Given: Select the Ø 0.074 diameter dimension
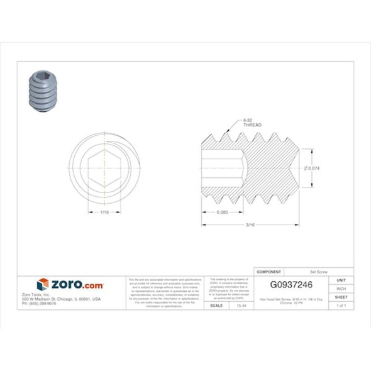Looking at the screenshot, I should tap(314, 168).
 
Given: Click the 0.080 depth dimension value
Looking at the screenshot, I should tap(221, 212).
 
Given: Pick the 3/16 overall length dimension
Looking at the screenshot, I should tap(250, 224).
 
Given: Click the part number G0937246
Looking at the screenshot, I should tap(291, 284).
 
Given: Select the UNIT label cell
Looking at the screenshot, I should tap(341, 279).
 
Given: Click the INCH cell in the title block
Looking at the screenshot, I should tap(341, 288).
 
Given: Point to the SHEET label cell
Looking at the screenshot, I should tap(341, 297).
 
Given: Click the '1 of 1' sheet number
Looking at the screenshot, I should tap(341, 305).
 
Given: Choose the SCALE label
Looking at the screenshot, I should tap(216, 305).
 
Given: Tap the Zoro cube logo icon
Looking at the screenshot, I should tap(42, 284).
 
